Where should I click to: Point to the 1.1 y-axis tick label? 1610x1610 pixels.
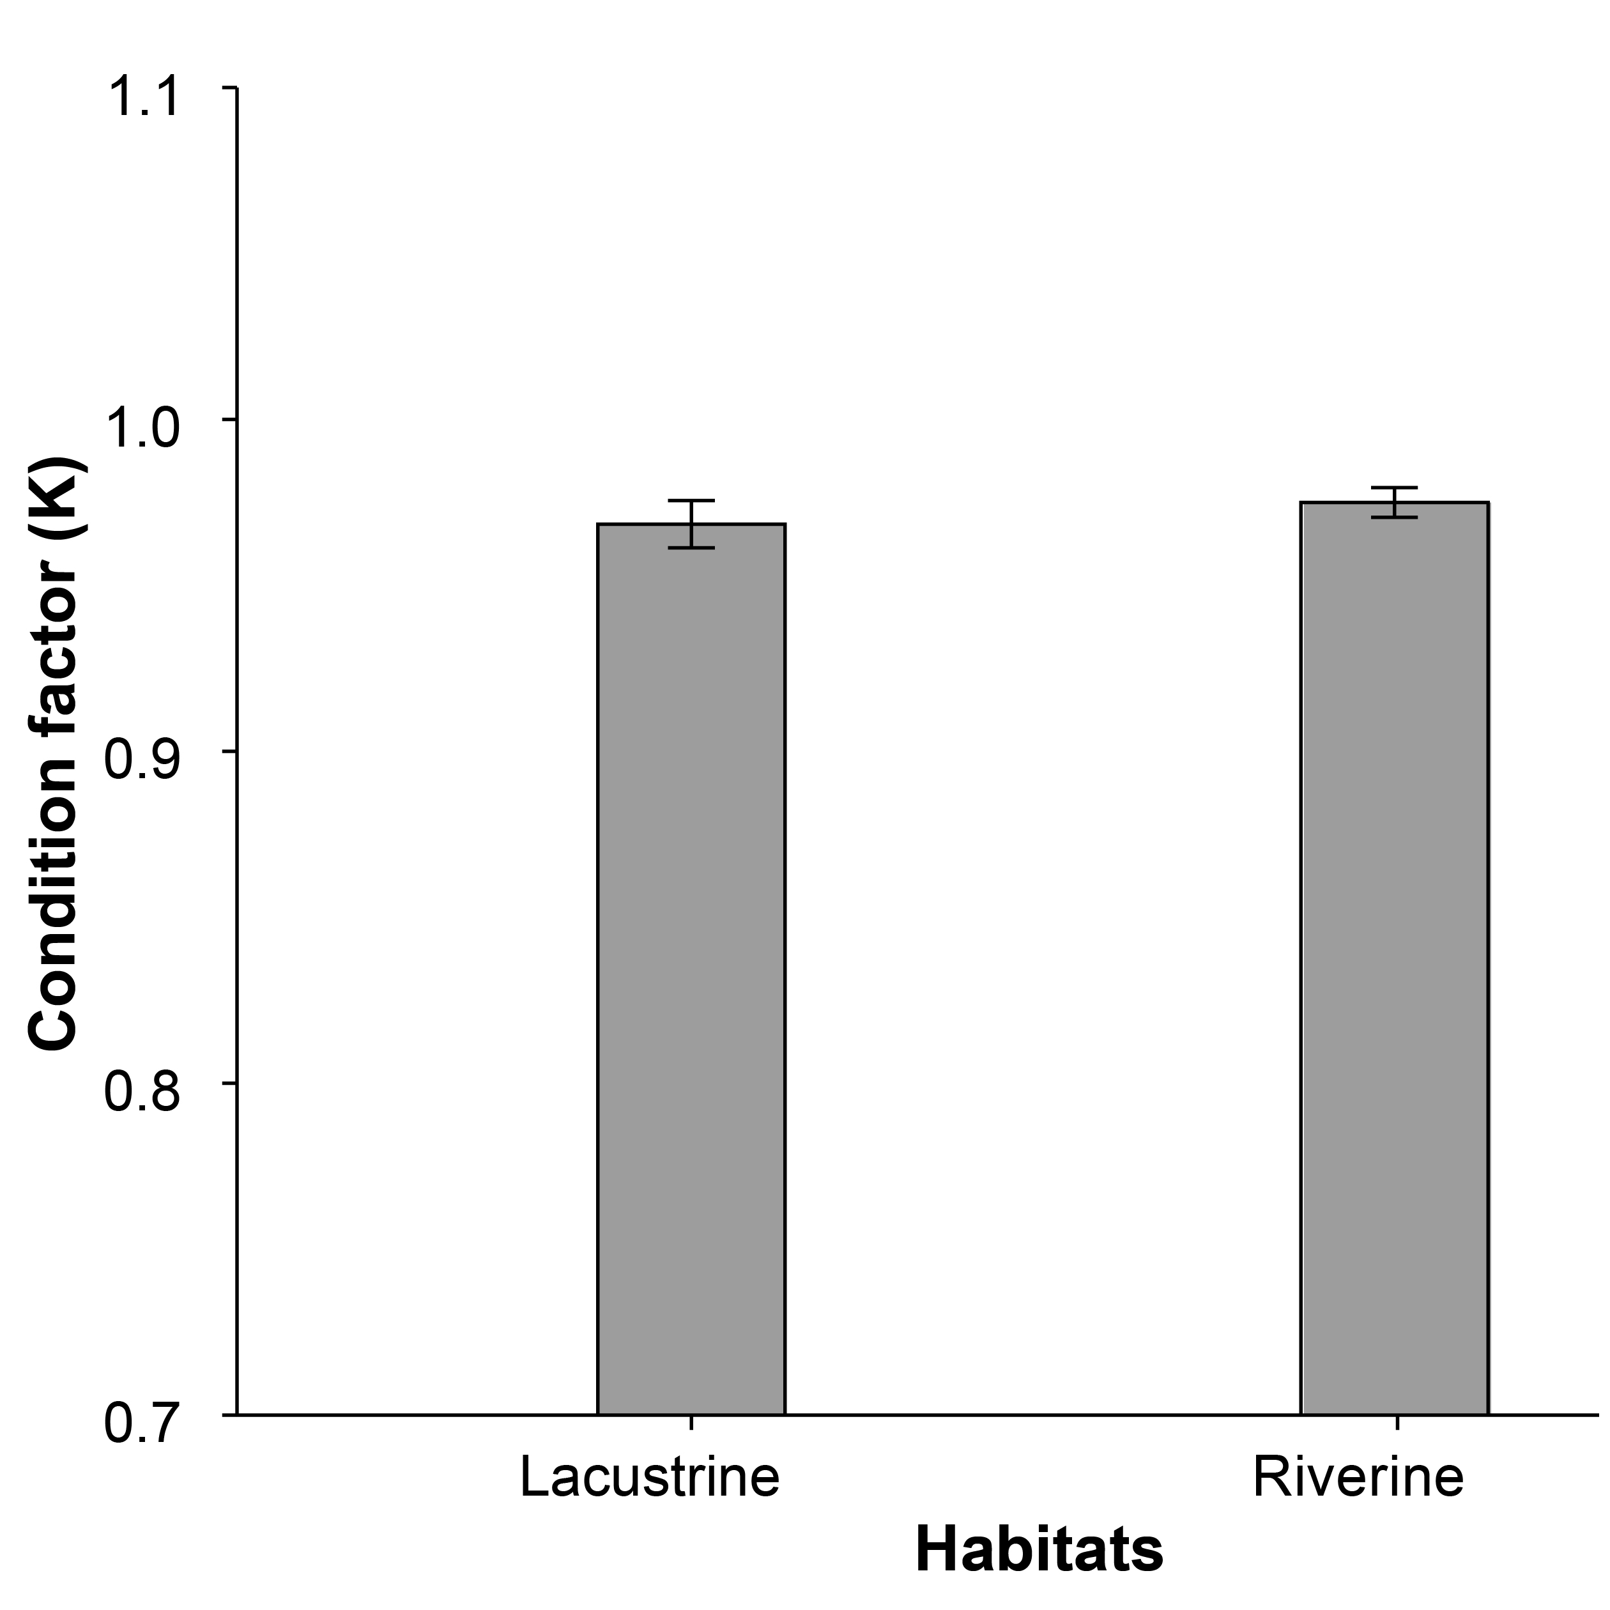[142, 96]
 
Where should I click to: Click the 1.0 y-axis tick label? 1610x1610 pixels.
[142, 427]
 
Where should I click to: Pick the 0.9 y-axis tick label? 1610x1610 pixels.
[142, 760]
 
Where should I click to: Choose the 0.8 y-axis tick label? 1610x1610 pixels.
[142, 1092]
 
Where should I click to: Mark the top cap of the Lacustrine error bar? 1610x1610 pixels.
[691, 501]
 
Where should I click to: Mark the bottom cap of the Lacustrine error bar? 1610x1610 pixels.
[691, 548]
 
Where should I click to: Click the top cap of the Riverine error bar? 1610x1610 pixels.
[1395, 487]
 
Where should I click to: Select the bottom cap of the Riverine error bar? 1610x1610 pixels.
[1395, 517]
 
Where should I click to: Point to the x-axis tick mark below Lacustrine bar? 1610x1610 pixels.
[691, 1423]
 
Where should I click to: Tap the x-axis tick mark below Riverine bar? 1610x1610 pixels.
[1397, 1423]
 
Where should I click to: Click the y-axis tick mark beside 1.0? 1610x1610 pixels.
[230, 419]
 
